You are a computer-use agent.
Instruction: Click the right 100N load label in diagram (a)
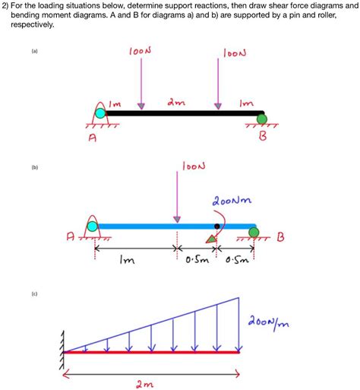coord(235,52)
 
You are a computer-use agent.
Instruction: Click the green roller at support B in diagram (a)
coord(261,118)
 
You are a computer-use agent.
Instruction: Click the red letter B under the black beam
coord(264,140)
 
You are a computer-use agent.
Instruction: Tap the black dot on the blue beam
coord(217,226)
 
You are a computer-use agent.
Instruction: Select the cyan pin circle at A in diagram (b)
coord(93,225)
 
